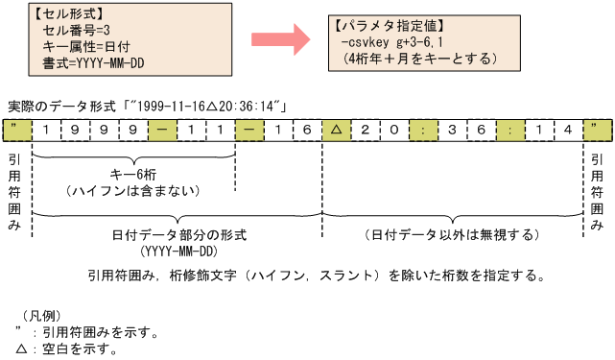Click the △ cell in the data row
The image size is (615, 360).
(x=336, y=129)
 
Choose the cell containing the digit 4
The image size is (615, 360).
(x=567, y=129)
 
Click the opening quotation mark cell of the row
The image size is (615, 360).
(x=17, y=129)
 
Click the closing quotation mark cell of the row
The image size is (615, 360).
(x=596, y=129)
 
